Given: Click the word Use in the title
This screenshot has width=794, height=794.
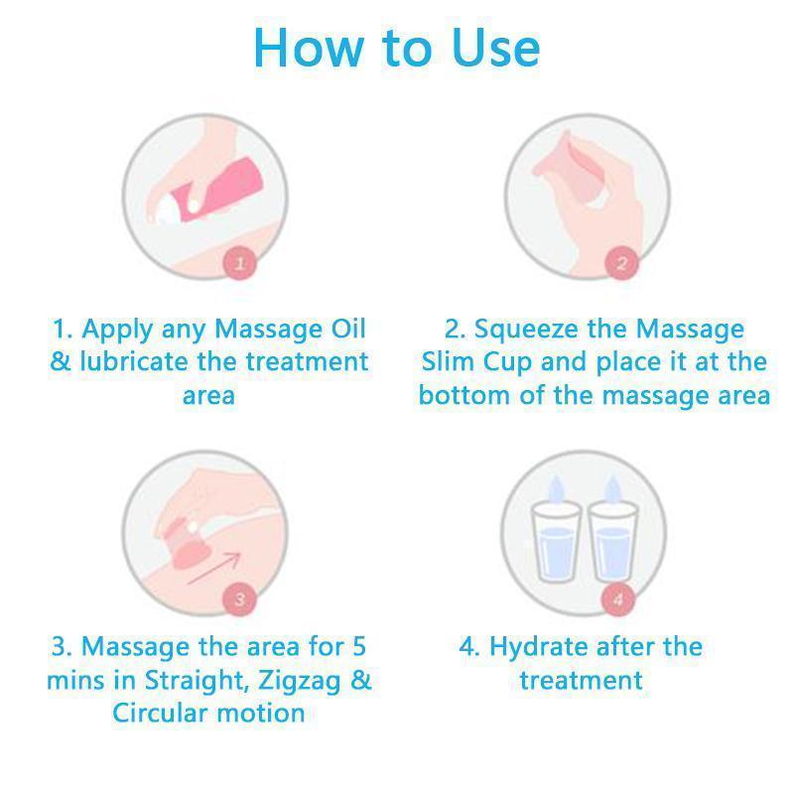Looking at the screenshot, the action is [x=496, y=48].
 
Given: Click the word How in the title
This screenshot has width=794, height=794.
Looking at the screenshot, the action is [x=309, y=48].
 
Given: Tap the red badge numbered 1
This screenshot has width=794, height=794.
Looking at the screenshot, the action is [x=240, y=263].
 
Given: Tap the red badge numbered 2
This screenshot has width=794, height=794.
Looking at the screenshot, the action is [x=622, y=263].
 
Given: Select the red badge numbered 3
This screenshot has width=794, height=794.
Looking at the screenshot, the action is [x=239, y=599].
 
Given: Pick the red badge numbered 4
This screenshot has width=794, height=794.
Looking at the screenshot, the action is [x=617, y=599].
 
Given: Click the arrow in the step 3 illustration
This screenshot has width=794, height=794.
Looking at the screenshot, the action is [x=214, y=568].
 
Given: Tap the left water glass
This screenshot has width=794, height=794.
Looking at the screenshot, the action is [x=556, y=542].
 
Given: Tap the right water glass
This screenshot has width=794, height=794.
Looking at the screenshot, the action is [x=612, y=542].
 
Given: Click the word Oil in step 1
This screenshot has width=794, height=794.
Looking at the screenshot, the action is [x=348, y=329].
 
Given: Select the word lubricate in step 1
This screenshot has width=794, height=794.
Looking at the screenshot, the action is [x=134, y=361].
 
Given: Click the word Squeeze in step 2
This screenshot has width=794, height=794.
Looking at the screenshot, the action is [x=527, y=331].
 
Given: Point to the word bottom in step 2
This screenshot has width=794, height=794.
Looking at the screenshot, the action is [x=464, y=395].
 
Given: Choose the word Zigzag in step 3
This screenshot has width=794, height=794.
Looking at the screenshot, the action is [x=300, y=681].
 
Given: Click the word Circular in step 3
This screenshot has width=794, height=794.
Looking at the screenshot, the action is [x=160, y=713].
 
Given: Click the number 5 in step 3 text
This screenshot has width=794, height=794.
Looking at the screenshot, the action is [x=359, y=647].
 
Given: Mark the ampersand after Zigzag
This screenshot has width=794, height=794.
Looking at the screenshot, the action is [x=361, y=680].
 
